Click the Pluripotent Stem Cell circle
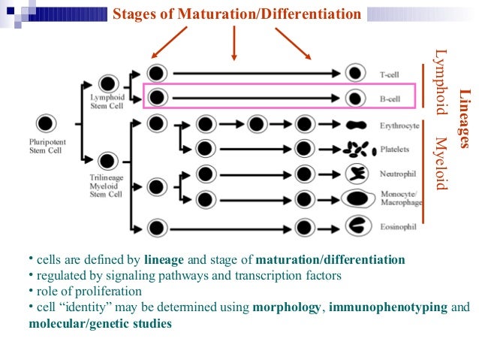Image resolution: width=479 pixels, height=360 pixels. tap(46, 123)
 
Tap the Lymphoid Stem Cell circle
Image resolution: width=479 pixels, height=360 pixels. tap(107, 84)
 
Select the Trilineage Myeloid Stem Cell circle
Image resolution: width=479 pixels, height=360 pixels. tap(107, 160)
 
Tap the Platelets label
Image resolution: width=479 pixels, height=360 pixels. tap(393, 149)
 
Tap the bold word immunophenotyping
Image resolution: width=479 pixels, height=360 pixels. tap(388, 307)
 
